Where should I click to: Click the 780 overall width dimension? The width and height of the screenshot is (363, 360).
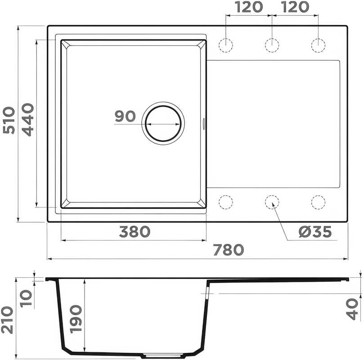(x=229, y=250)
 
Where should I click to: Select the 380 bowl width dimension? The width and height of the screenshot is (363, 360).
(x=135, y=232)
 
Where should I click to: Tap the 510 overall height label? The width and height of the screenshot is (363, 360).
(x=9, y=120)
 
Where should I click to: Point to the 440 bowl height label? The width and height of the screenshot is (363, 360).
(x=28, y=120)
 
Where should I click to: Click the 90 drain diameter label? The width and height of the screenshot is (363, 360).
(x=125, y=116)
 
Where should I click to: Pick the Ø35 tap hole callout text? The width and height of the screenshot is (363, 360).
(x=315, y=232)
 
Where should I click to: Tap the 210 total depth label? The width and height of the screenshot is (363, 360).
(x=7, y=320)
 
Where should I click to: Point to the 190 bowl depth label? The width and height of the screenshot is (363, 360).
(x=76, y=319)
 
